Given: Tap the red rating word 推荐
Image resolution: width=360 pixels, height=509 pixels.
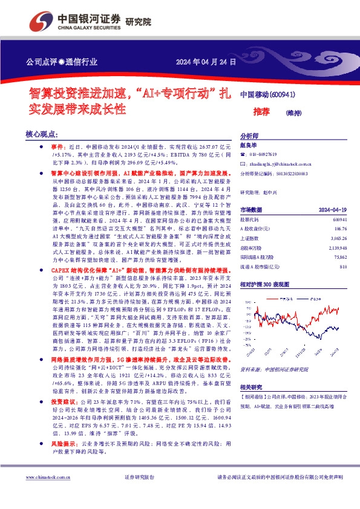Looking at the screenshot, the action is (261, 111).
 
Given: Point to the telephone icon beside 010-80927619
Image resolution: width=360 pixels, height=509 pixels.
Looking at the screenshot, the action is (244, 155).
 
